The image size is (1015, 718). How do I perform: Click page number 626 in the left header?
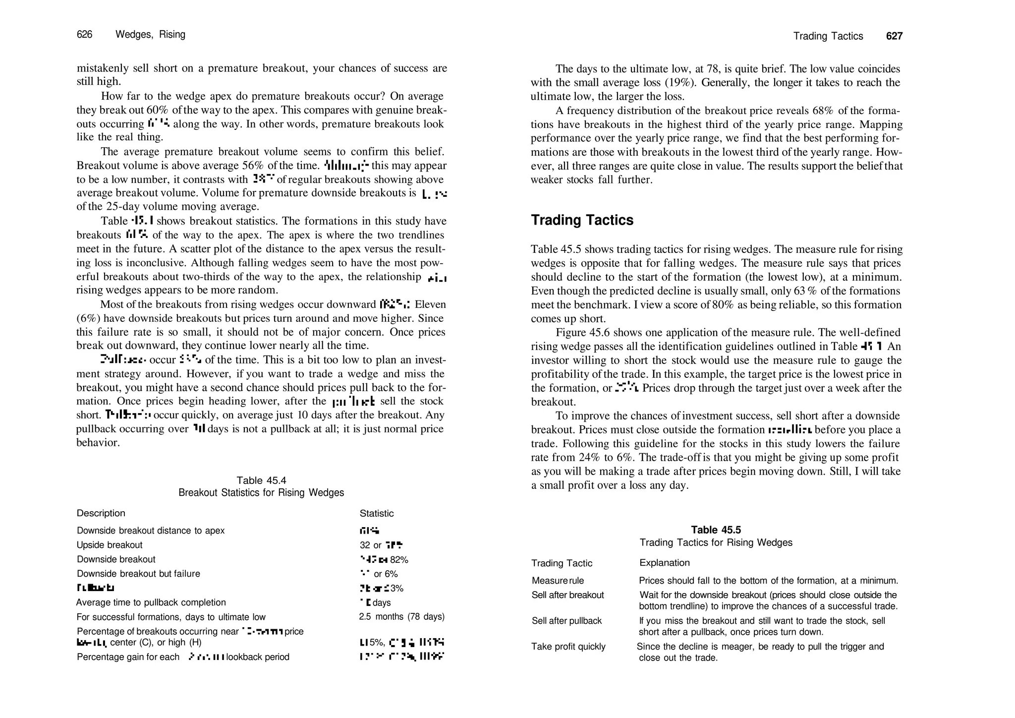click(84, 34)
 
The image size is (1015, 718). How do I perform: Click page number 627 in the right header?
click(894, 36)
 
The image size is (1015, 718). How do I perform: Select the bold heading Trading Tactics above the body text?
click(582, 220)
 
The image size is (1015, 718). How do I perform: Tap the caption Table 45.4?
click(261, 480)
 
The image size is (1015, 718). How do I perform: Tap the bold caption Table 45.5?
click(716, 530)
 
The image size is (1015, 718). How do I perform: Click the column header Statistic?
click(376, 513)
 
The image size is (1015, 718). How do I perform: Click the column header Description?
click(101, 513)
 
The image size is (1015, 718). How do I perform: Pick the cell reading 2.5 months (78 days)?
click(401, 617)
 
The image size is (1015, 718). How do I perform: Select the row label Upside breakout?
click(109, 545)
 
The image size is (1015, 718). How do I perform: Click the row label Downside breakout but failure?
click(138, 574)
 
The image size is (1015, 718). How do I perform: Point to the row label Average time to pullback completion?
click(151, 602)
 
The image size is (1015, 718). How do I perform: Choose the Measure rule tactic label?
click(558, 581)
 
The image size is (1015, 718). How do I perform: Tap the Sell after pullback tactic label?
click(566, 621)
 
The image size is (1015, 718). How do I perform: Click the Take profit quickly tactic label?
click(568, 647)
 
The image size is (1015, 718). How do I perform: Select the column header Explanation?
click(664, 563)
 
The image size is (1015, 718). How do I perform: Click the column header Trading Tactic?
click(562, 563)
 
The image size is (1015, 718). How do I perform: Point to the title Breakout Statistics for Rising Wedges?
click(261, 492)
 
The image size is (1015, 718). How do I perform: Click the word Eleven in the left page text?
click(430, 304)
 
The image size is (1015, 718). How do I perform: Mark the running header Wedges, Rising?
click(150, 34)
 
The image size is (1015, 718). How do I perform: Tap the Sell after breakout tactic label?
click(567, 595)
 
